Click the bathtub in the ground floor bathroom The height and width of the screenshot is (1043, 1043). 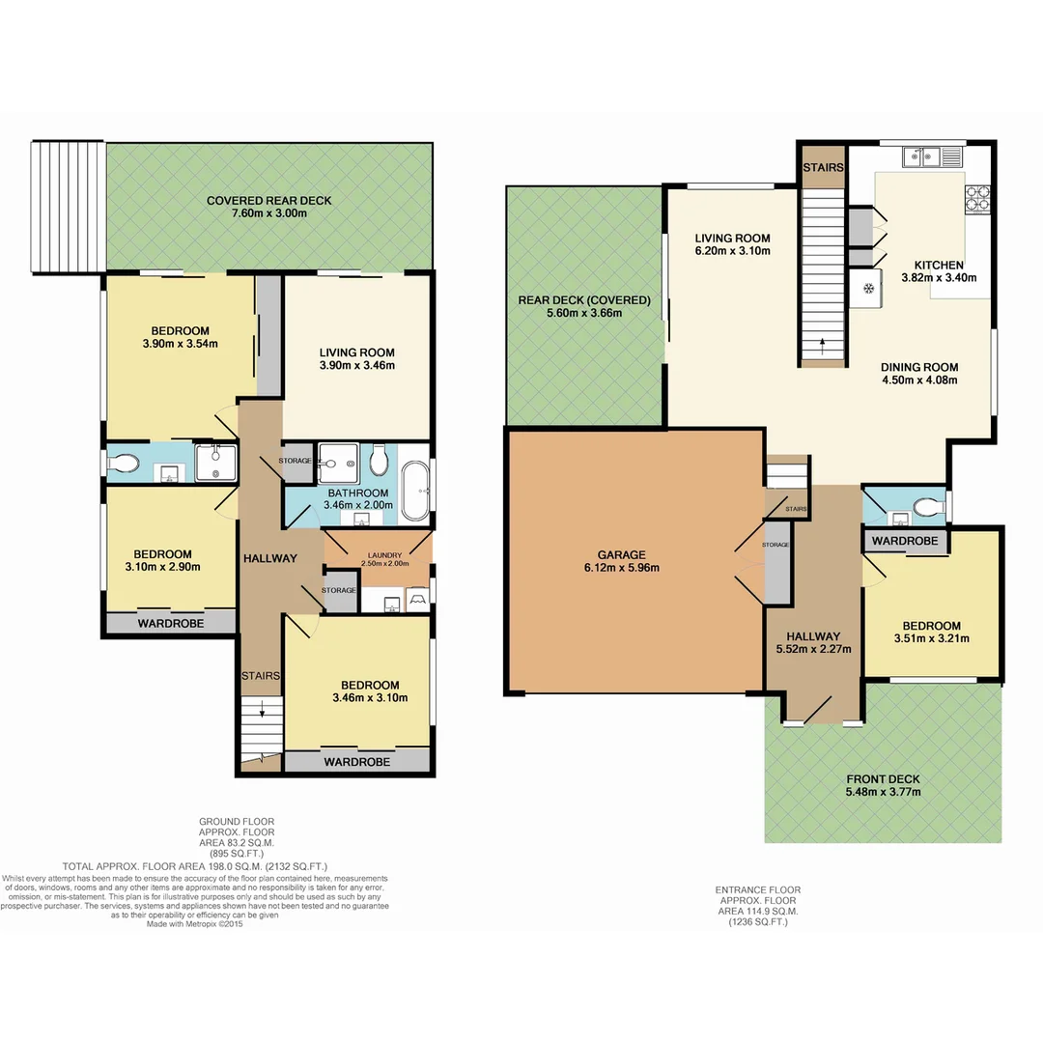click(416, 491)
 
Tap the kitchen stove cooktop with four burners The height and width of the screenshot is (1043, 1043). click(977, 197)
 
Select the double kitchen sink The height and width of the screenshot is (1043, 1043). click(925, 155)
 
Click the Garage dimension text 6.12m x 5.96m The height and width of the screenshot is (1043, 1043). click(622, 568)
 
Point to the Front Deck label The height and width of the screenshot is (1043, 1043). click(883, 779)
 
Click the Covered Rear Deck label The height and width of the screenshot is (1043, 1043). click(268, 201)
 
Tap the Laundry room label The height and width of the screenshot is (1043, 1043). click(378, 555)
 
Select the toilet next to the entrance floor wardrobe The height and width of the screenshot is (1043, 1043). click(928, 505)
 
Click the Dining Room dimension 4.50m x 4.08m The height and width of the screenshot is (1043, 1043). click(918, 380)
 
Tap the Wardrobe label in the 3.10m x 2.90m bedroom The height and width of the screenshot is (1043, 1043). click(170, 624)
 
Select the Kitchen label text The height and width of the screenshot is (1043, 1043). click(939, 264)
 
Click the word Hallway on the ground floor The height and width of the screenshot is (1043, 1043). click(269, 558)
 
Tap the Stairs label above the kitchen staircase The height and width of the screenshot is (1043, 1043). click(823, 168)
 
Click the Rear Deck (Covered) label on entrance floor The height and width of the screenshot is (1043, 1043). click(584, 299)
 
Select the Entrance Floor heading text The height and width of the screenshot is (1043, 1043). click(757, 889)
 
